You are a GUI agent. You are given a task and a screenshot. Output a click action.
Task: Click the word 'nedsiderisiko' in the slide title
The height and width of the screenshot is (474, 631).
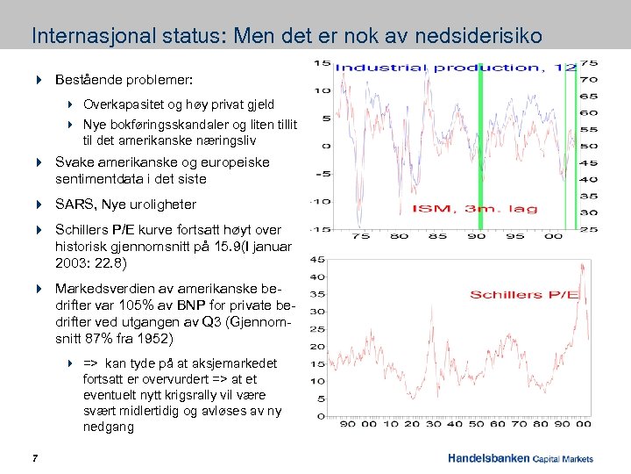480,37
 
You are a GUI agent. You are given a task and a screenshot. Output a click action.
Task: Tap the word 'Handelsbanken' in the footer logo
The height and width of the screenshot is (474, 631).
487,458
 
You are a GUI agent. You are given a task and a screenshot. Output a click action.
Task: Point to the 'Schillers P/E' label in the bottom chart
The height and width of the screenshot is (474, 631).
524,294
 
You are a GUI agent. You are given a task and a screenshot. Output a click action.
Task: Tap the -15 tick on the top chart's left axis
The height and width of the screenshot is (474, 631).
322,229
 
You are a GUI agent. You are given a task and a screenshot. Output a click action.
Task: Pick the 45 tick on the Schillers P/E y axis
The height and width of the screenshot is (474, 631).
318,259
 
